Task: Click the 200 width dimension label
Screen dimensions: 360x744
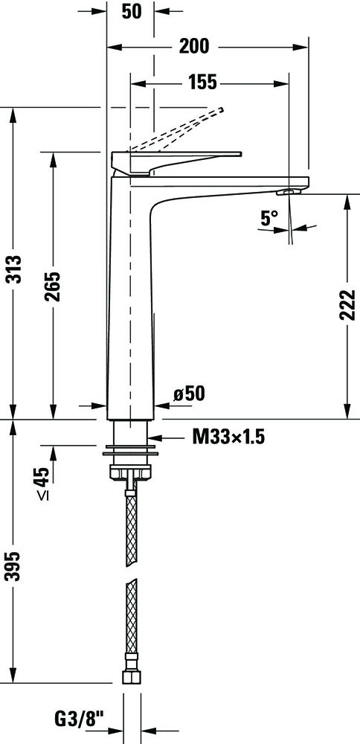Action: (x=194, y=46)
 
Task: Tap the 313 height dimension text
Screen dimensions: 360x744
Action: (x=14, y=269)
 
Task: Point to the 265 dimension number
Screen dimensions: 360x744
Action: (x=52, y=286)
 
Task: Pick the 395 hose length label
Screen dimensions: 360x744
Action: (x=14, y=566)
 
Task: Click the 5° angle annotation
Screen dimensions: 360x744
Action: (x=269, y=218)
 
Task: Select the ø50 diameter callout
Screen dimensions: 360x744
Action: (x=189, y=393)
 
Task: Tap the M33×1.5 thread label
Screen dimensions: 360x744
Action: (x=228, y=437)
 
